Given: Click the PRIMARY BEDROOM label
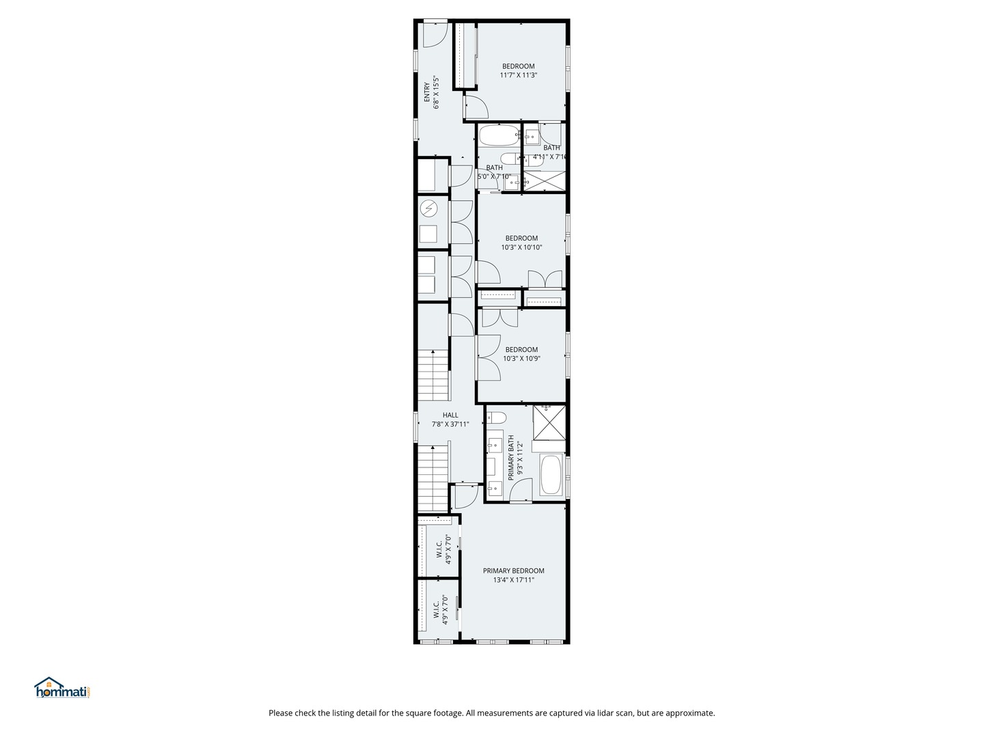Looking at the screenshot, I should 513,571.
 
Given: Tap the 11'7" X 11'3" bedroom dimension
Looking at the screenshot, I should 518,75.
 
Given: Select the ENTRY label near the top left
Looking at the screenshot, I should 427,92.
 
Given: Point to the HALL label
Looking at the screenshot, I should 450,415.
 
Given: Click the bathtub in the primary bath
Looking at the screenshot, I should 551,475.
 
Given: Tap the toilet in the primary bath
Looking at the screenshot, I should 496,418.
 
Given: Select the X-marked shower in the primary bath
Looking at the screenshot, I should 549,422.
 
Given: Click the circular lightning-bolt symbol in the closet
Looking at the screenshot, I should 429,207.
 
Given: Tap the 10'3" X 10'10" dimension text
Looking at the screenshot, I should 521,247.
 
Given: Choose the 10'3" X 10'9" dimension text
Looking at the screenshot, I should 521,358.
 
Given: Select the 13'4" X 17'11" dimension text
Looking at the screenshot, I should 513,580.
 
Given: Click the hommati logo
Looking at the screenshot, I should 62,688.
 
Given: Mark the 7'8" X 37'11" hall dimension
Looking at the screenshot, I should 450,424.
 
